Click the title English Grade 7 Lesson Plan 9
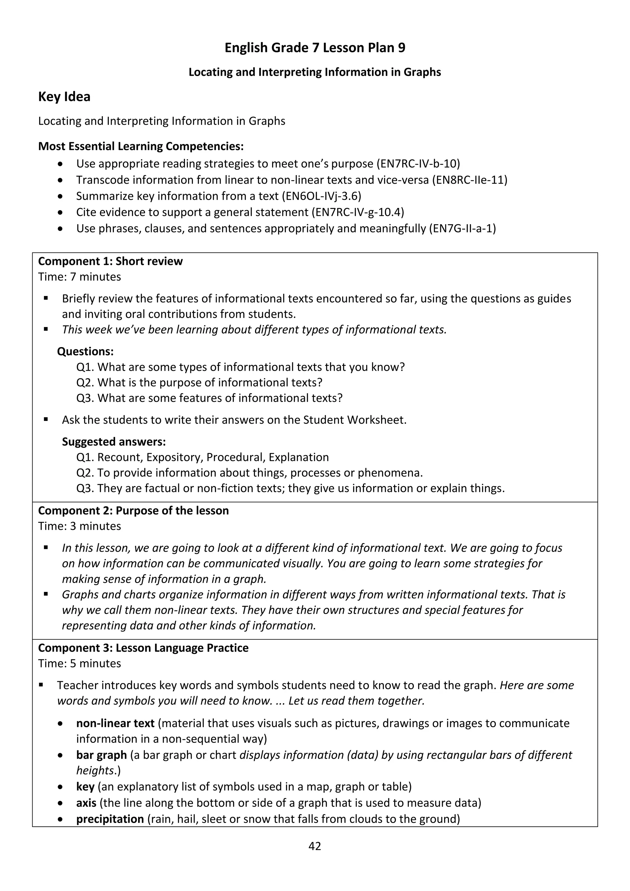tap(315, 48)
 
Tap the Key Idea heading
tap(64, 97)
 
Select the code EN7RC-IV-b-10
tap(418, 164)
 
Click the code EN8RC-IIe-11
tap(469, 180)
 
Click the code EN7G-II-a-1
tap(462, 228)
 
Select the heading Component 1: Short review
tap(110, 261)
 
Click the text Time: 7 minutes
tap(80, 277)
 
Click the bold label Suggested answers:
tap(114, 442)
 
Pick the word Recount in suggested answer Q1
tap(120, 457)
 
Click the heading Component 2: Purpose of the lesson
tap(134, 510)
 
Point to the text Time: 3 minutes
tap(80, 526)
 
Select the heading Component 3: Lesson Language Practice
tap(143, 648)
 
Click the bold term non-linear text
tap(115, 723)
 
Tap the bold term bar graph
tap(101, 755)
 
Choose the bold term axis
tap(86, 802)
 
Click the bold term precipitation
tap(110, 819)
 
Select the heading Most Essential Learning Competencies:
tap(141, 146)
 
